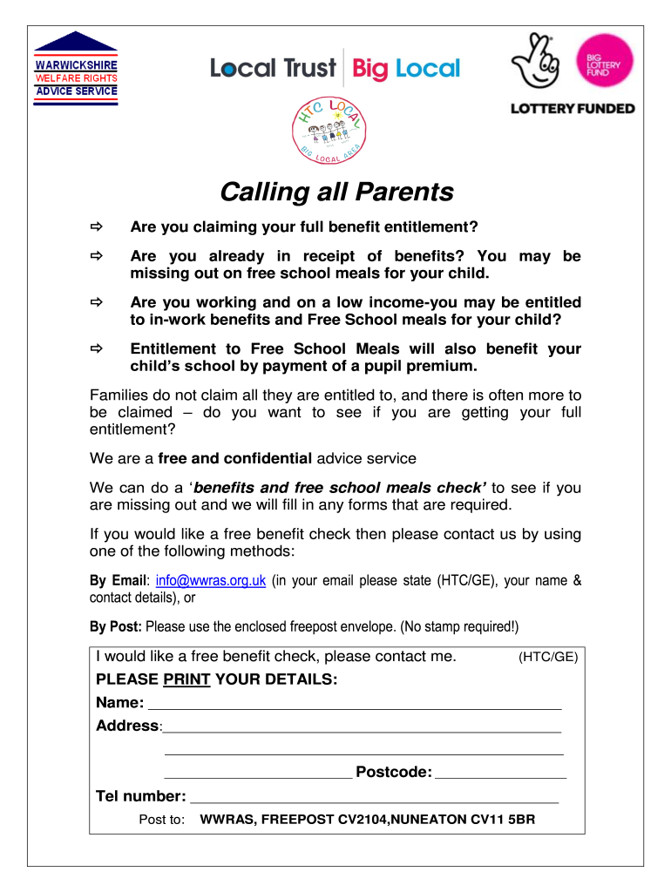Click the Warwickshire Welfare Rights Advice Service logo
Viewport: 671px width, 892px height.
point(75,70)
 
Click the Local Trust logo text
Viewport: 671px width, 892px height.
point(273,68)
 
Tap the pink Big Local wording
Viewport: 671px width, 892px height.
point(407,68)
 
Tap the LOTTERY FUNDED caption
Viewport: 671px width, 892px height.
point(572,109)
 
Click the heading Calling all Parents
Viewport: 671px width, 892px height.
point(336,192)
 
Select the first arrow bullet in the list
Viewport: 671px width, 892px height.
point(96,228)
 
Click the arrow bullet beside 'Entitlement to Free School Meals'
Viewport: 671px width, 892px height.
point(96,349)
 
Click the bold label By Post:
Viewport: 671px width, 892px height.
point(117,626)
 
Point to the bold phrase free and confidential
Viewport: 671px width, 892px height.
point(234,458)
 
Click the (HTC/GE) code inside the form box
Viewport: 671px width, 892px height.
point(548,658)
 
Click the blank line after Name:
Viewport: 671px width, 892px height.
point(356,704)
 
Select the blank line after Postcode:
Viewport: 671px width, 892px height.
point(500,773)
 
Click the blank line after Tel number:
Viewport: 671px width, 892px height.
point(374,797)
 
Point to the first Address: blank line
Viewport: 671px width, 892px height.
point(362,727)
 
